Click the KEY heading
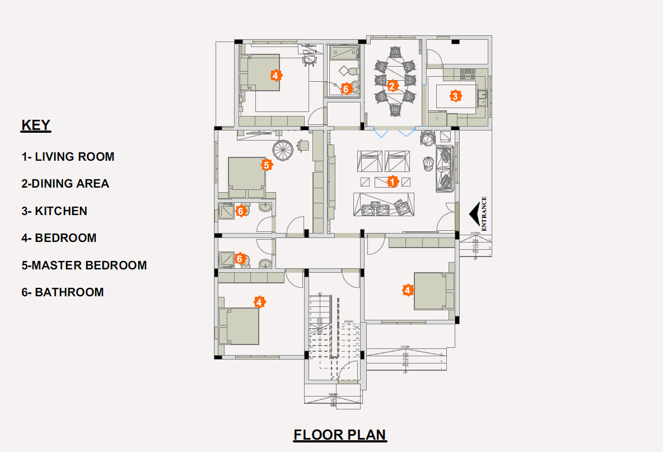pos(36,125)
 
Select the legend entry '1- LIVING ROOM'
pos(68,157)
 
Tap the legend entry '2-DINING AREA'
pos(65,184)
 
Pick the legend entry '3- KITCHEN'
pos(54,211)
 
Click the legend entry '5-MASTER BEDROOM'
pos(84,265)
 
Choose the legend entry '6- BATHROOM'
pos(63,292)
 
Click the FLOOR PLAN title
pos(339,435)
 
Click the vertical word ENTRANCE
pos(484,213)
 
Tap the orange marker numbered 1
pos(393,181)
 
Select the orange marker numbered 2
pos(393,86)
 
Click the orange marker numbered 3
pos(455,96)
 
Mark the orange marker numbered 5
pos(267,165)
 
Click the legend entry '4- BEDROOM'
pos(59,238)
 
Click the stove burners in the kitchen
pos(467,72)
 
